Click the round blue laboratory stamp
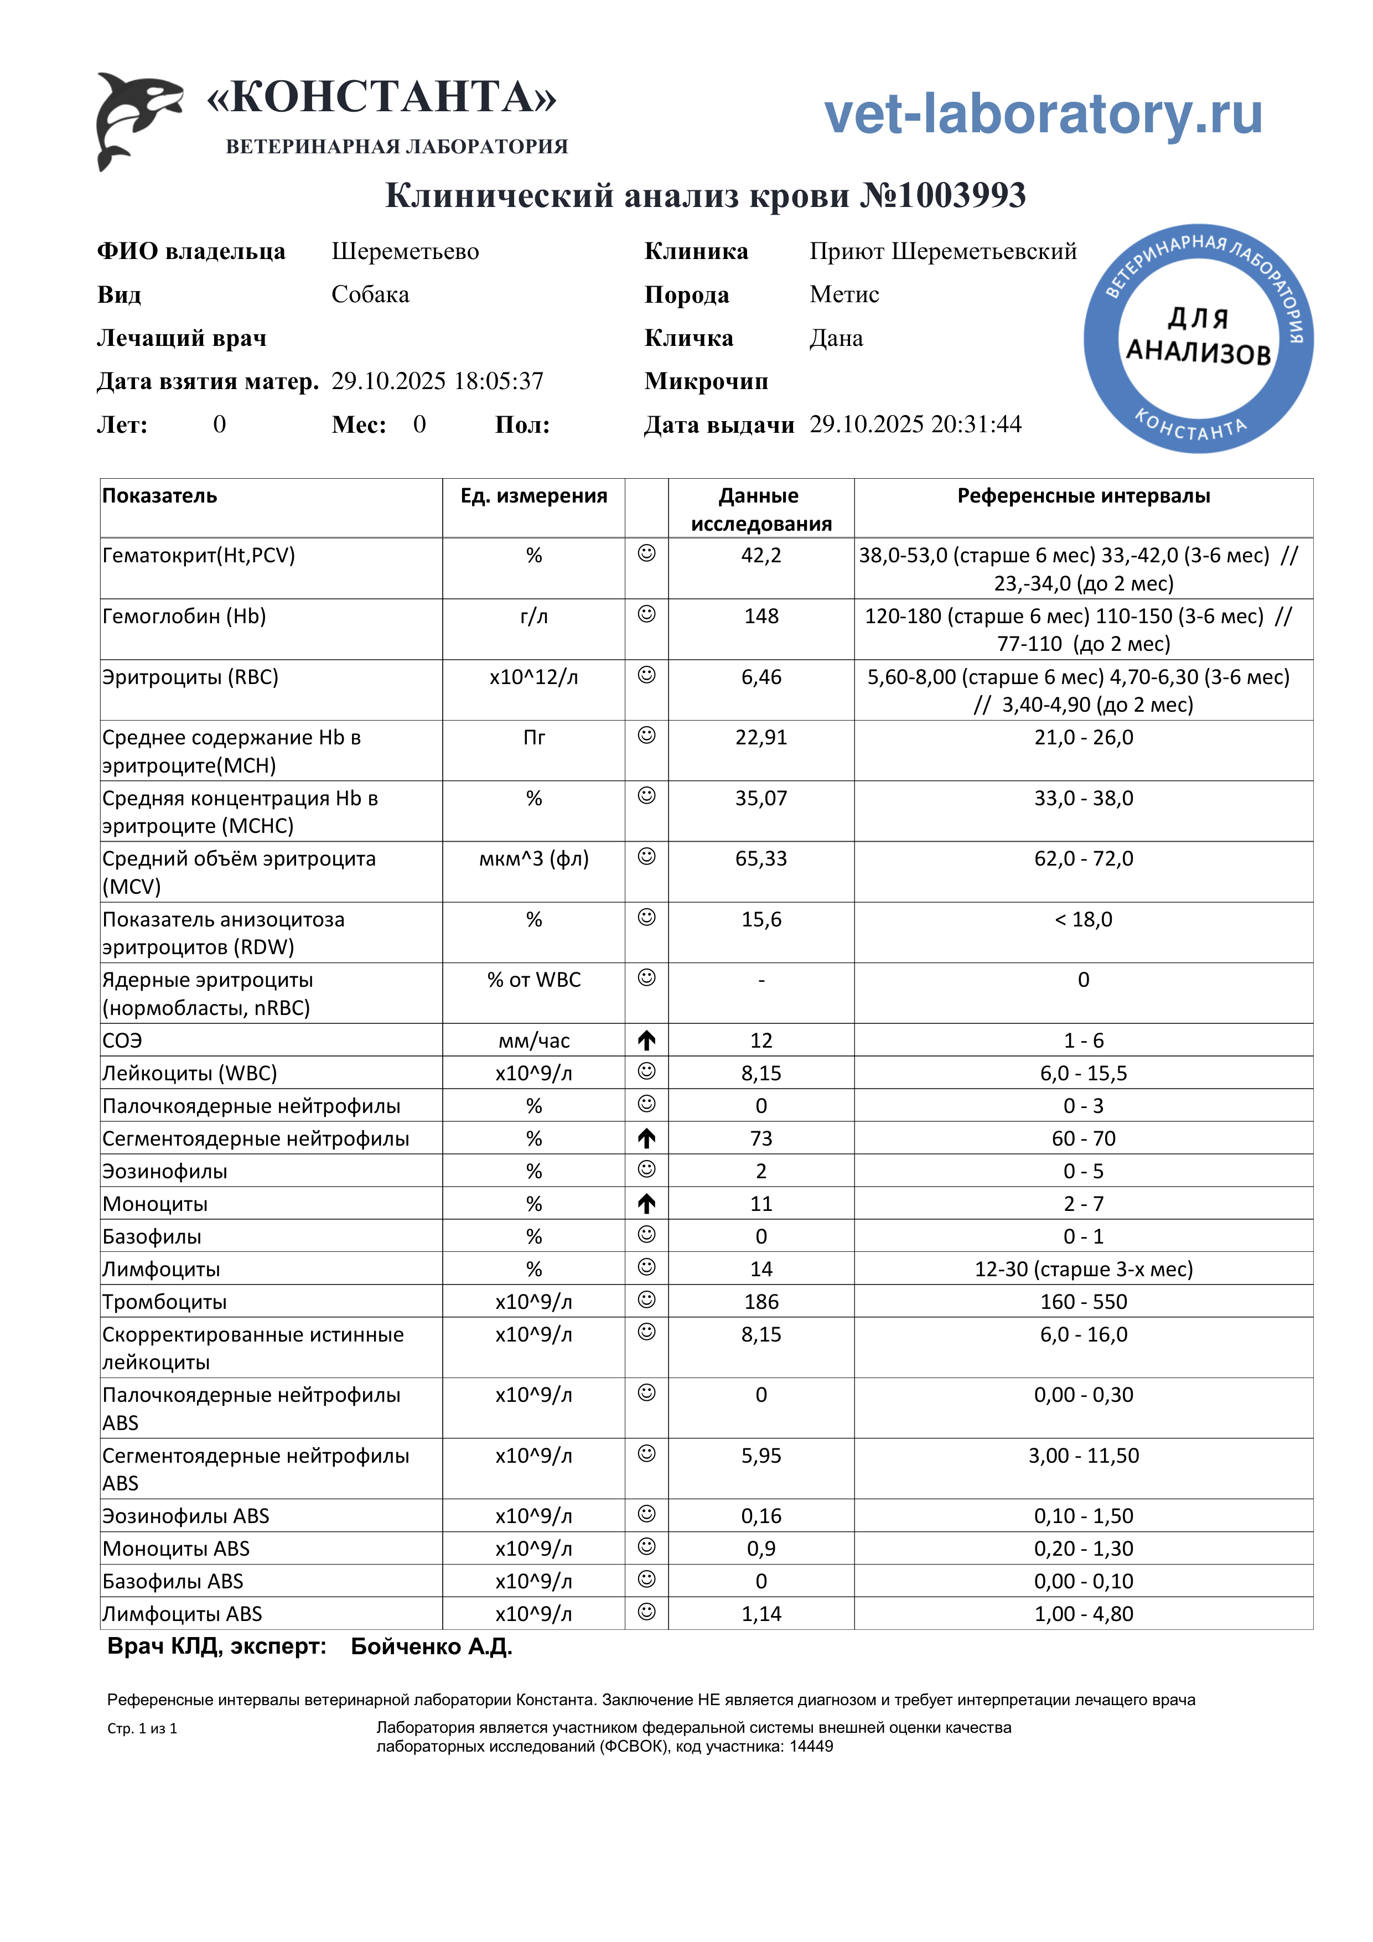tap(1198, 338)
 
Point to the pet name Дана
tap(836, 338)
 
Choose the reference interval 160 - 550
tap(1083, 1302)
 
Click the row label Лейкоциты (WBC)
tap(189, 1073)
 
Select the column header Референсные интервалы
tap(1083, 496)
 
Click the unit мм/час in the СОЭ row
tap(534, 1040)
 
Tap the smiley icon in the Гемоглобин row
tap(646, 614)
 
